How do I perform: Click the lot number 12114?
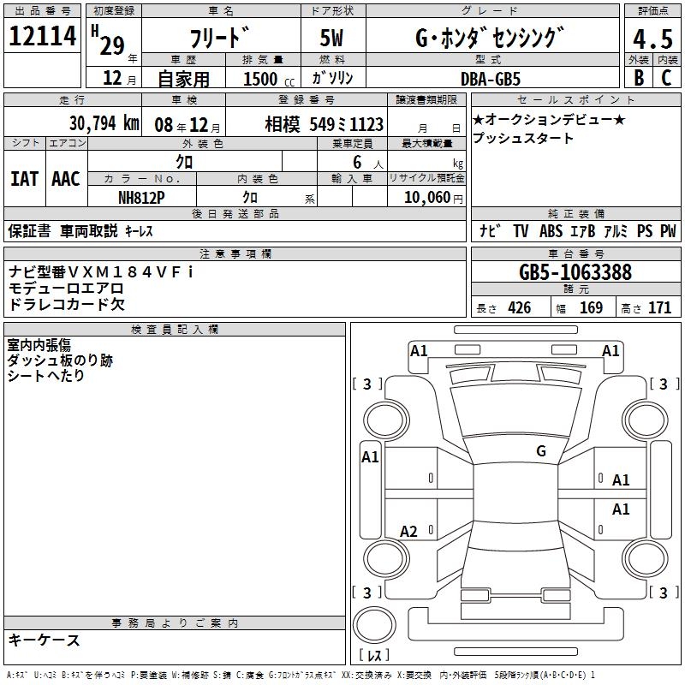(x=42, y=36)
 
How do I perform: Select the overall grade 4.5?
(x=652, y=39)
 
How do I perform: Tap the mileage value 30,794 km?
(x=104, y=123)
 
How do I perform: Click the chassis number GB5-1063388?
(x=575, y=271)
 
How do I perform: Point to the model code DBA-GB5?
(x=490, y=79)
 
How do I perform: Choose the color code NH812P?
(x=141, y=198)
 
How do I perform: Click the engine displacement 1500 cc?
(x=269, y=79)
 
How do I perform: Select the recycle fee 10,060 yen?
(x=433, y=198)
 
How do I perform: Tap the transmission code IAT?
(x=24, y=179)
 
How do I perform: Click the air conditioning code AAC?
(x=66, y=179)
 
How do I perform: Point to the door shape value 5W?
(x=331, y=38)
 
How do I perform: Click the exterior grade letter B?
(x=639, y=78)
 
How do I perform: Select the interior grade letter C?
(x=666, y=78)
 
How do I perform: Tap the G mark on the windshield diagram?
(x=541, y=451)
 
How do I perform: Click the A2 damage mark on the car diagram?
(x=408, y=532)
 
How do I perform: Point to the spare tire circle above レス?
(x=374, y=625)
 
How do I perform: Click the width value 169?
(x=591, y=307)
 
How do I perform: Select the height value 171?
(x=659, y=307)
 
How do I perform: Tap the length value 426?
(x=520, y=307)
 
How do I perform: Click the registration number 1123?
(x=366, y=125)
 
